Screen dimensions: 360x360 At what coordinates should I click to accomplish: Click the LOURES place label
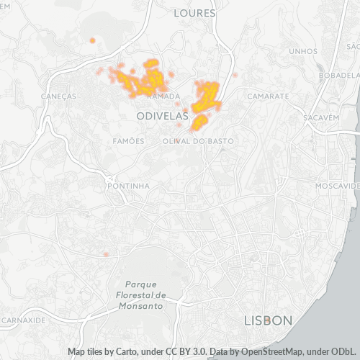(194, 13)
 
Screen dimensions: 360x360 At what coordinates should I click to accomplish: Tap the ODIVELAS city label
(162, 115)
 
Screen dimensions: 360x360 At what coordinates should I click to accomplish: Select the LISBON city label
(268, 320)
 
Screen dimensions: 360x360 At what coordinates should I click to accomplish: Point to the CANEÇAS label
(59, 96)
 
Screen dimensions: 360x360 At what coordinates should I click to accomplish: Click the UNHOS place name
(302, 51)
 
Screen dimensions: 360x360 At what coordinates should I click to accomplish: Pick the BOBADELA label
(339, 75)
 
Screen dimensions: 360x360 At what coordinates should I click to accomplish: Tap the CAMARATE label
(268, 96)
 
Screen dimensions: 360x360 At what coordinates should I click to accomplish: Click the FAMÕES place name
(129, 141)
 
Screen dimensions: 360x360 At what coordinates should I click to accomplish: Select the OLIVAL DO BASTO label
(198, 141)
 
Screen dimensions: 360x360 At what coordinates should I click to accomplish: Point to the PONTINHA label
(127, 185)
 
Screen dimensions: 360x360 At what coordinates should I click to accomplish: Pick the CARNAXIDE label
(24, 319)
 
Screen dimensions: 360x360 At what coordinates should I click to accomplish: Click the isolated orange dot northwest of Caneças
(92, 40)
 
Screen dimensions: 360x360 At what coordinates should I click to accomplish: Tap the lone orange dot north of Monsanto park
(106, 254)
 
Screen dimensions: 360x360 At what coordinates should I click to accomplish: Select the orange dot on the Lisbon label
(268, 320)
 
